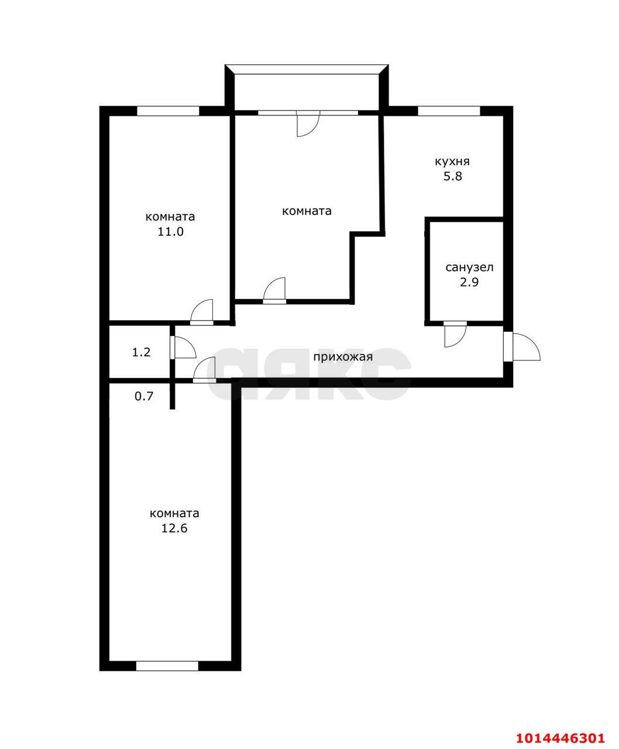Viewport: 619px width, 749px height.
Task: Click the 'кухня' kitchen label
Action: tap(452, 162)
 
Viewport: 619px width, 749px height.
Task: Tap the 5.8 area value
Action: tap(452, 176)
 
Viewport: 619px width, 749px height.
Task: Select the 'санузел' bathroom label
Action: tap(469, 267)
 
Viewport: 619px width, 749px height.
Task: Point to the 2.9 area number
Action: tap(469, 282)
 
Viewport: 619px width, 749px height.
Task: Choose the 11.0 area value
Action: tap(170, 231)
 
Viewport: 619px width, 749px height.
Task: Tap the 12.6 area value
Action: tap(174, 528)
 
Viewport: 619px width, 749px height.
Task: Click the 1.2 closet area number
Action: tap(141, 352)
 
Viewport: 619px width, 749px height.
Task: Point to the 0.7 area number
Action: tap(144, 396)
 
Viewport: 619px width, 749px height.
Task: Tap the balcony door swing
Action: tap(307, 124)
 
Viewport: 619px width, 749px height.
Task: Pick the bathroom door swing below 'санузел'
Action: tap(455, 335)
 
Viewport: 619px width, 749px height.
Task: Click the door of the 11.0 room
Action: tap(202, 311)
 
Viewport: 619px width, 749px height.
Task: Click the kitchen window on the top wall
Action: tap(449, 111)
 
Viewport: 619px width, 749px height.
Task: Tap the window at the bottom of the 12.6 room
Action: tap(167, 665)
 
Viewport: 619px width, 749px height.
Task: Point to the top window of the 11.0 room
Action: tap(168, 111)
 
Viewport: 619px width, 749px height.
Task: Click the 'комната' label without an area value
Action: tap(307, 211)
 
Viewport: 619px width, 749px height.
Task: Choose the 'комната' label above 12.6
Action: tap(174, 513)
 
